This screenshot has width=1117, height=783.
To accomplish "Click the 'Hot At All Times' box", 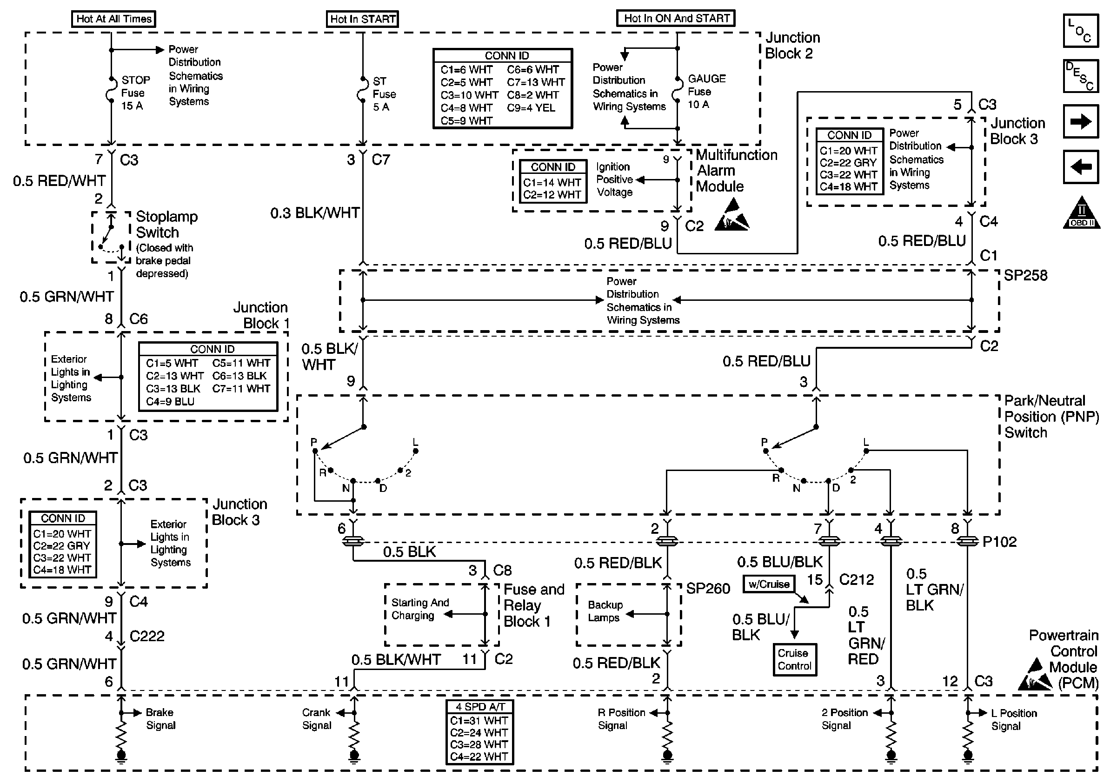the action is pyautogui.click(x=114, y=19).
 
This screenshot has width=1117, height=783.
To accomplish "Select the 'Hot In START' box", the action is pyautogui.click(x=362, y=19).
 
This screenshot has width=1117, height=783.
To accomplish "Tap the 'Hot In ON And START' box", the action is pyautogui.click(x=676, y=19).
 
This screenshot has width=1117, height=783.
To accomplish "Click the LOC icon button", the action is pyautogui.click(x=1081, y=31).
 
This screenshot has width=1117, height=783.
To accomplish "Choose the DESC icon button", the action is pyautogui.click(x=1081, y=76).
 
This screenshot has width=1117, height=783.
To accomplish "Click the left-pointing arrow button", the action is pyautogui.click(x=1081, y=167).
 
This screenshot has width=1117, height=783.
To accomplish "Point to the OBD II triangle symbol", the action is pyautogui.click(x=1082, y=212).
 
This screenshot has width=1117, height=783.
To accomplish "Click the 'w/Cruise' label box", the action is pyautogui.click(x=769, y=584).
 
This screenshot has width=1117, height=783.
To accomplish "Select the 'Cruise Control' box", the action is pyautogui.click(x=795, y=660).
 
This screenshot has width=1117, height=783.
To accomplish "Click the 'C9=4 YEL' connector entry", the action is pyautogui.click(x=531, y=108).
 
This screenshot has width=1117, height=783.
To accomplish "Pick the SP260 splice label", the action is pyautogui.click(x=708, y=589).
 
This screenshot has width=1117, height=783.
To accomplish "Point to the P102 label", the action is pyautogui.click(x=999, y=542).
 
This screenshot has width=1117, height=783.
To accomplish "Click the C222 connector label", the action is pyautogui.click(x=147, y=636).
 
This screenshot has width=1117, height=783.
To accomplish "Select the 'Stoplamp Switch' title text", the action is pyautogui.click(x=167, y=224).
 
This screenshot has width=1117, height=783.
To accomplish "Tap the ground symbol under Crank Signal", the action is pyautogui.click(x=354, y=755).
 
